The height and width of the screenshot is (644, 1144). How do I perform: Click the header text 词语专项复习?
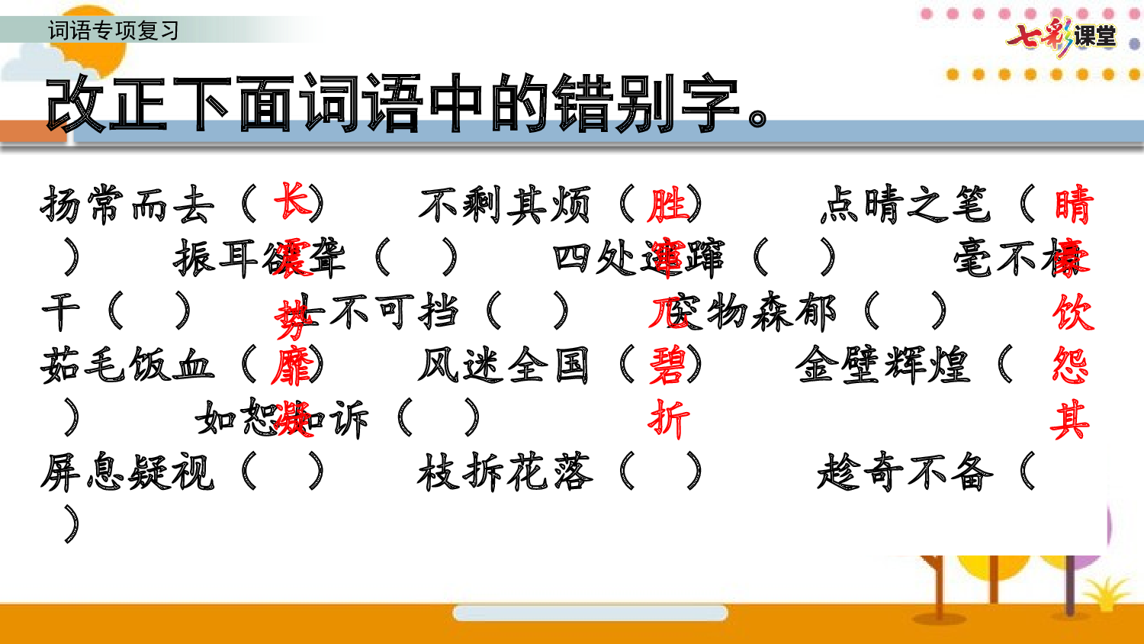[114, 31]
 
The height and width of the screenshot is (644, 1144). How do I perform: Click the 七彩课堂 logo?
[1061, 36]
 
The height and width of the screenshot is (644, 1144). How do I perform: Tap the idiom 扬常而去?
[127, 204]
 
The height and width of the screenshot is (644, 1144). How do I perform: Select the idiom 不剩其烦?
[504, 204]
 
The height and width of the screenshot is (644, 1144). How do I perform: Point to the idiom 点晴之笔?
[905, 204]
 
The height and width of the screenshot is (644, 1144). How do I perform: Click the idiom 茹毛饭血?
[127, 365]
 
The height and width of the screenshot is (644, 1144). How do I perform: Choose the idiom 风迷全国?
[504, 365]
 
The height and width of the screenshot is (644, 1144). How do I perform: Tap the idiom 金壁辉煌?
[882, 365]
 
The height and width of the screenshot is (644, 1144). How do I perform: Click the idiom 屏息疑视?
[127, 472]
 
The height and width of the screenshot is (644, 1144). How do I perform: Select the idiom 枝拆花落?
[504, 472]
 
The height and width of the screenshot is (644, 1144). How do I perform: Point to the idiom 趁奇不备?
[905, 472]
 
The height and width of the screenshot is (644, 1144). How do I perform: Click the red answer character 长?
[292, 201]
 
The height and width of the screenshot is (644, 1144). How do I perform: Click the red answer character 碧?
[668, 366]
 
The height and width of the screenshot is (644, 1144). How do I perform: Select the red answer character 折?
[668, 419]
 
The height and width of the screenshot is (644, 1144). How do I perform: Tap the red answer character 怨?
[1071, 366]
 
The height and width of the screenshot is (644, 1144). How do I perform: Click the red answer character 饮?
[1072, 312]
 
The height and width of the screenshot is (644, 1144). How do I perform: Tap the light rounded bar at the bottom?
[590, 613]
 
